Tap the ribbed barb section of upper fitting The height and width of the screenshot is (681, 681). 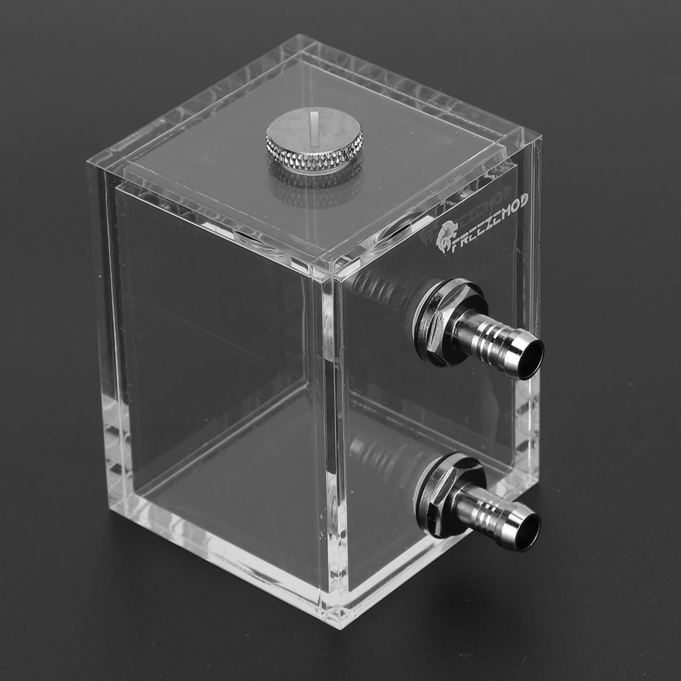click(x=485, y=334)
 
